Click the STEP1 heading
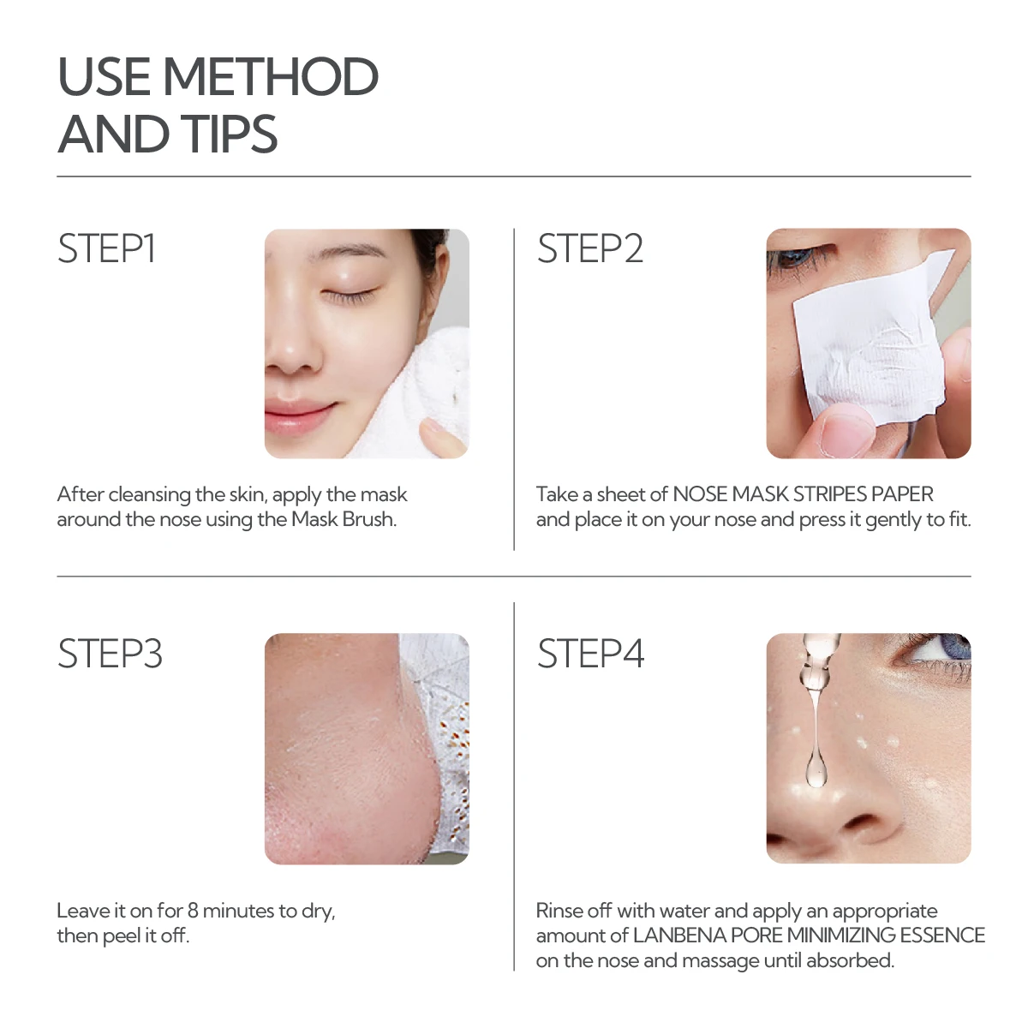click(106, 249)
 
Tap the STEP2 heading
click(589, 249)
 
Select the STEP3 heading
click(109, 654)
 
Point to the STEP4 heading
click(589, 654)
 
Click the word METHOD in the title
click(270, 77)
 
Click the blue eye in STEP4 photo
click(942, 649)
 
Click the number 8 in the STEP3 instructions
click(193, 911)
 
